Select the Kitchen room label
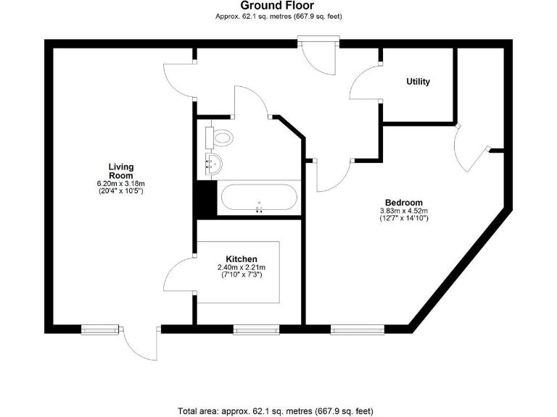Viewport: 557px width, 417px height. point(241,258)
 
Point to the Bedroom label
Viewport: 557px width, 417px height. point(404,203)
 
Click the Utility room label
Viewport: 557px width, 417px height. point(418,82)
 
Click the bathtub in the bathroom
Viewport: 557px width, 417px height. point(258,198)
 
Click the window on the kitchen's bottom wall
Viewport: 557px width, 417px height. point(256,329)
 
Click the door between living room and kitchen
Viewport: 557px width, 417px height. point(180,275)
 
